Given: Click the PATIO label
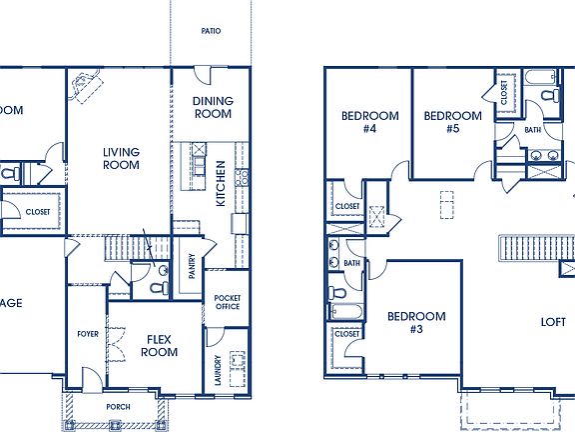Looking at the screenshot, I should (211, 31).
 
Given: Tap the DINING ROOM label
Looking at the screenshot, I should (212, 107).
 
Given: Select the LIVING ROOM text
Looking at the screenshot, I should (121, 158).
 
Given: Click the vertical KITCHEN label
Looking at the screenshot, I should (222, 190).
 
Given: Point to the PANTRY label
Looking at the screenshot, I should (190, 265).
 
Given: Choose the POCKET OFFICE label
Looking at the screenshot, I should (228, 302).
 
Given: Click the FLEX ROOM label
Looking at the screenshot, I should (159, 345).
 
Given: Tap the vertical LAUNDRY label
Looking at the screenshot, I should (217, 370).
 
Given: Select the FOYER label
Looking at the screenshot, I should (88, 333).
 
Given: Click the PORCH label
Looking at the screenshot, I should (119, 408).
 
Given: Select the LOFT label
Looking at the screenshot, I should (553, 322).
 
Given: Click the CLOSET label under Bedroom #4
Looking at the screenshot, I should (347, 206).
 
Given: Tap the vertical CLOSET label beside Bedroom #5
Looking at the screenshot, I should (504, 93).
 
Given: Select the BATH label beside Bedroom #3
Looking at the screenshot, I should (351, 263).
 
